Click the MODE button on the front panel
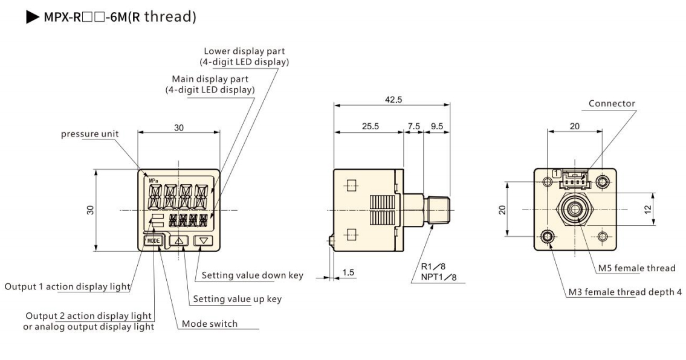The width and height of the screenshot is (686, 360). [x=154, y=240]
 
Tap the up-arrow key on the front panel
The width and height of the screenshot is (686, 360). [x=179, y=240]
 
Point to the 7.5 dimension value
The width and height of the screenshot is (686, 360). [x=414, y=127]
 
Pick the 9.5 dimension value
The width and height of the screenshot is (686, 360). [x=436, y=127]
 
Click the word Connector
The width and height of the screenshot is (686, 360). [x=612, y=104]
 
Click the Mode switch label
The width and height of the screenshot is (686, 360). [x=210, y=324]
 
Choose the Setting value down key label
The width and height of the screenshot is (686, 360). [x=252, y=275]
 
